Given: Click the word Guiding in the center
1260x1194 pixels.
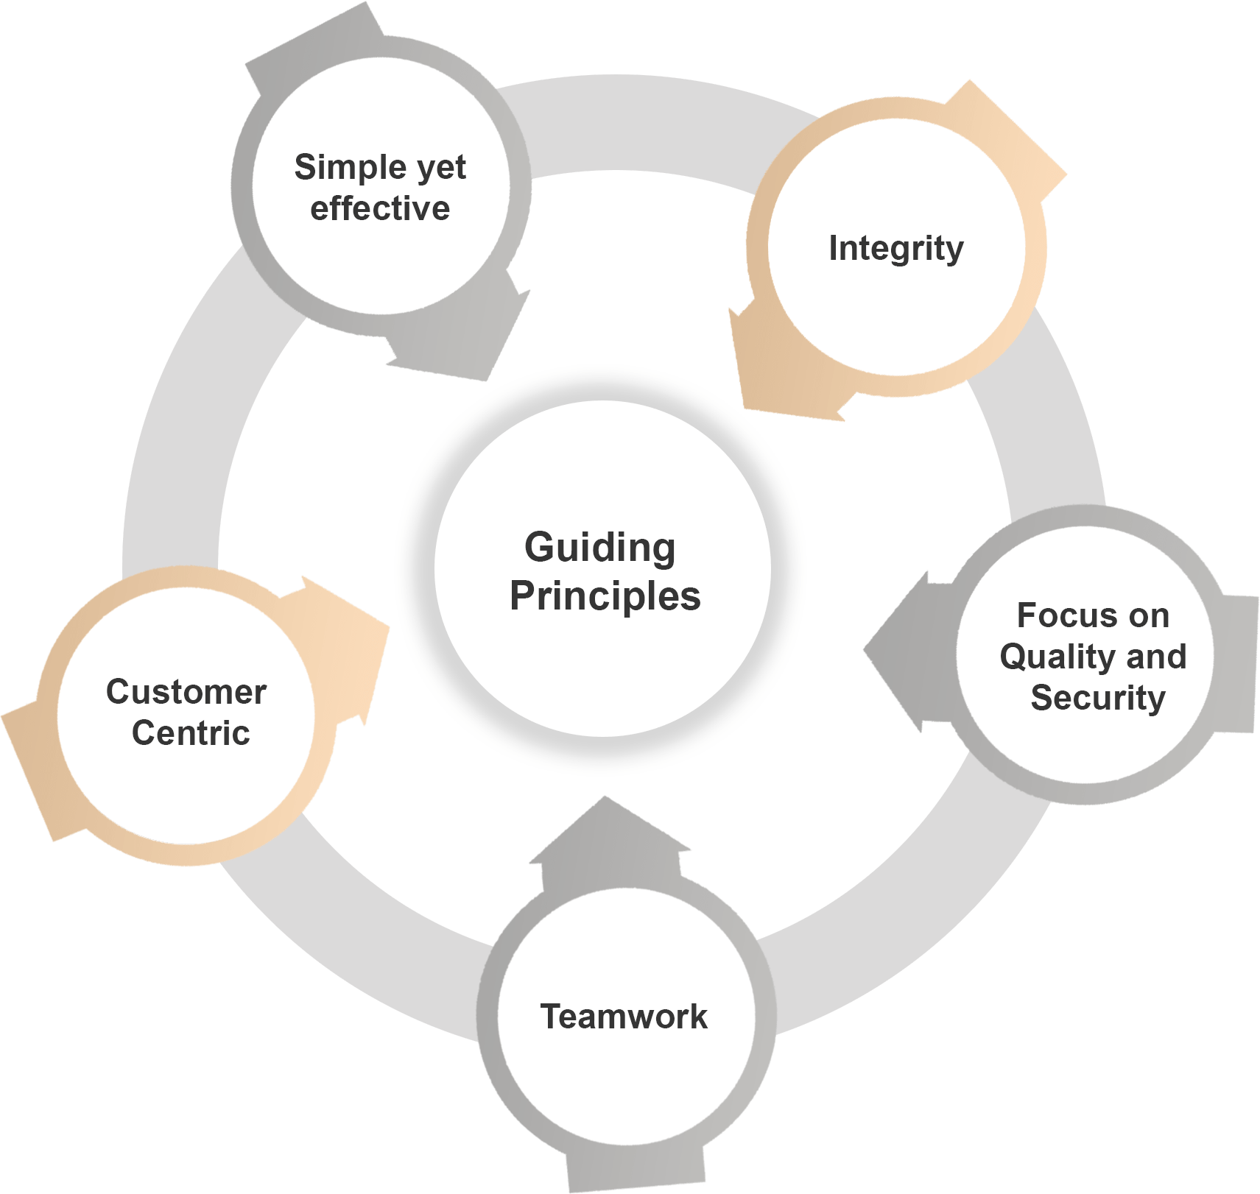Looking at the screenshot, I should [599, 548].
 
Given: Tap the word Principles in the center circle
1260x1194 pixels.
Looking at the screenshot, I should [605, 596].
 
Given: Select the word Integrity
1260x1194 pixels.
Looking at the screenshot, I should [895, 249].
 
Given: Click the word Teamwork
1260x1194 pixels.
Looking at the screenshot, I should [624, 1017].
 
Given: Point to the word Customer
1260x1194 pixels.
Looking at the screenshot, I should [186, 692].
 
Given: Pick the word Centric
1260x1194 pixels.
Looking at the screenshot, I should [191, 733].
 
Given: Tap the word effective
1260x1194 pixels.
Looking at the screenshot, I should [380, 209].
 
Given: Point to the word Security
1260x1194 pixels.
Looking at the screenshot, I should [1097, 698].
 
